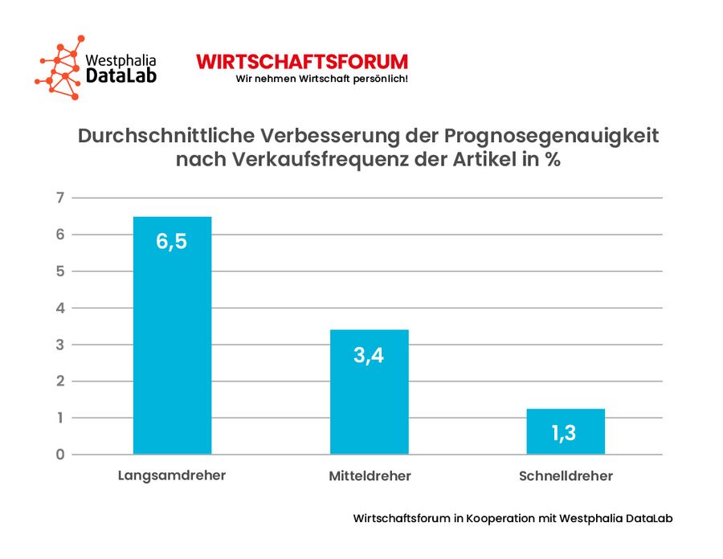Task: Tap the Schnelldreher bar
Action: click(566, 431)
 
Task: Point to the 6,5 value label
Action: click(172, 241)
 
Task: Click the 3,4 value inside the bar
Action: click(369, 354)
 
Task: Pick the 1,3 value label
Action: click(566, 434)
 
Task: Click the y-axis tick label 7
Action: click(58, 198)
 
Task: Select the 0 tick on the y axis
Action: click(58, 455)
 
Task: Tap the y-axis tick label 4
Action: click(58, 308)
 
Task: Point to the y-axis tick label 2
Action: click(58, 382)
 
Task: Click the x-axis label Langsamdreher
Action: click(172, 475)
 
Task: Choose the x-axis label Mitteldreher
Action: click(370, 476)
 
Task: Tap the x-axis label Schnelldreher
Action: click(566, 476)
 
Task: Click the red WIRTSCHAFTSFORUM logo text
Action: click(302, 62)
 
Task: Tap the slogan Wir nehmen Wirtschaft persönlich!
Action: click(321, 79)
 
